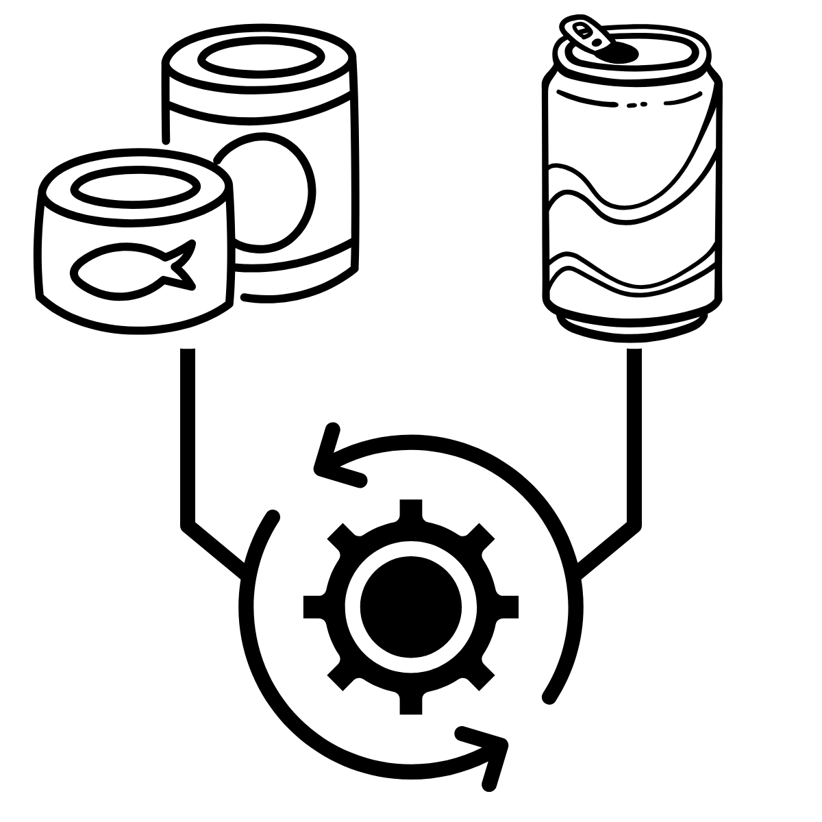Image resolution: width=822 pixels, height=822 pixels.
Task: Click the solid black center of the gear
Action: [x=410, y=606]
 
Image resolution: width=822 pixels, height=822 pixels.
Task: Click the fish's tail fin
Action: [x=180, y=264]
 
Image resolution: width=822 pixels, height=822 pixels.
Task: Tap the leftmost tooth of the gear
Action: [x=313, y=606]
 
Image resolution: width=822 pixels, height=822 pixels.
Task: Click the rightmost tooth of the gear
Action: [x=508, y=606]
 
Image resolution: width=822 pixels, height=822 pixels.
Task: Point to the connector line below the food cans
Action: [x=188, y=438]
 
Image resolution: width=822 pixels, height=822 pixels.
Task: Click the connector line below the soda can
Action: [x=634, y=438]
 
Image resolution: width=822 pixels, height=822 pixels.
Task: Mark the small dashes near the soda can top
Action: [x=636, y=105]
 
